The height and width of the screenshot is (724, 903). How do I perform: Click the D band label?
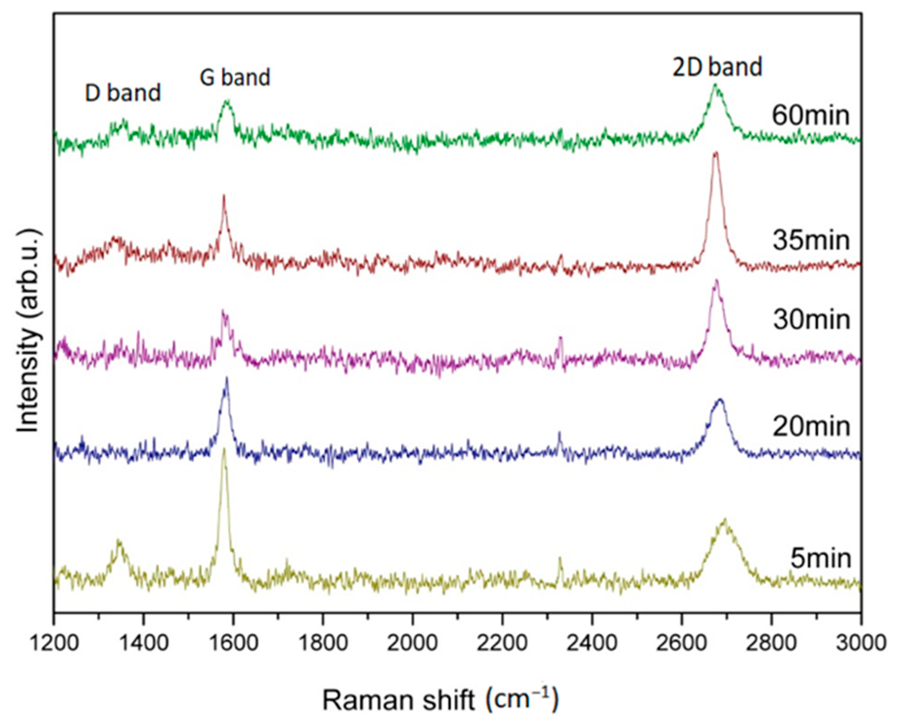pyautogui.click(x=123, y=93)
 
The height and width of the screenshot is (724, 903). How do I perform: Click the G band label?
pyautogui.click(x=235, y=78)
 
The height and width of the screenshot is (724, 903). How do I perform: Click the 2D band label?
pyautogui.click(x=717, y=68)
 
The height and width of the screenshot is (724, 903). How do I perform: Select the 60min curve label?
pyautogui.click(x=811, y=115)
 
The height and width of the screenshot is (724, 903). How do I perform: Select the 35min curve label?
pyautogui.click(x=811, y=241)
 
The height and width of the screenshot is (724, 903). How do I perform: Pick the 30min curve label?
pyautogui.click(x=811, y=320)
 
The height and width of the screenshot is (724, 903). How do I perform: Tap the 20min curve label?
pyautogui.click(x=811, y=427)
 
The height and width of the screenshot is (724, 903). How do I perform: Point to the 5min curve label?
pyautogui.click(x=821, y=558)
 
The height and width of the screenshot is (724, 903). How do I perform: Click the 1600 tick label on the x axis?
pyautogui.click(x=234, y=642)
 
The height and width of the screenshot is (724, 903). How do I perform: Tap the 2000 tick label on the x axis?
pyautogui.click(x=413, y=642)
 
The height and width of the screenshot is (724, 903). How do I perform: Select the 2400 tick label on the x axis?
pyautogui.click(x=592, y=642)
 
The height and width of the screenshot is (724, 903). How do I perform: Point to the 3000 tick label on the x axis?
pyautogui.click(x=861, y=642)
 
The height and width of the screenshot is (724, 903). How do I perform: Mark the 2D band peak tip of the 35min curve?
pyautogui.click(x=716, y=153)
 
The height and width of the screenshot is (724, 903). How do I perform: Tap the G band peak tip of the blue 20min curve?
pyautogui.click(x=227, y=378)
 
